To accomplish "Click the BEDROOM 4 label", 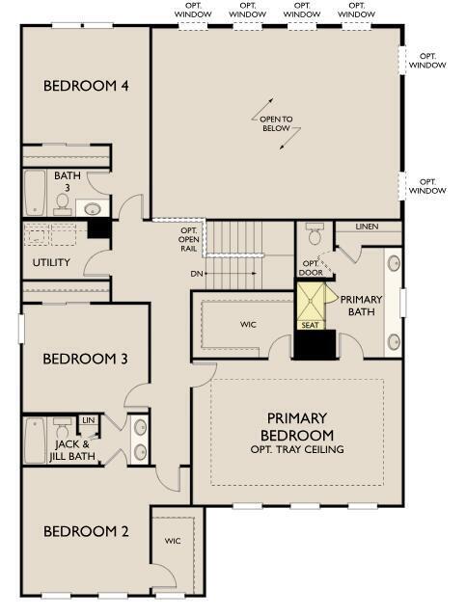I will tap(86, 86).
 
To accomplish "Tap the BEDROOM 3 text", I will tap(86, 359).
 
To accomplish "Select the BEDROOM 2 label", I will tap(86, 531).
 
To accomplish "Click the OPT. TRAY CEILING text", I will tap(296, 450).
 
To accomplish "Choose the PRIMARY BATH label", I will tap(361, 306).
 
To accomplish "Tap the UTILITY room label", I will tap(51, 262).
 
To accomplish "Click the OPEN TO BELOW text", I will tap(275, 122).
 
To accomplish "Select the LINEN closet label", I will tap(367, 227).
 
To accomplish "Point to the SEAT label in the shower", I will tap(311, 325).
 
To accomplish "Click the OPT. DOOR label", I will tap(311, 267).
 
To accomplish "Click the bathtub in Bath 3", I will tap(35, 193).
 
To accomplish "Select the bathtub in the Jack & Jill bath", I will tap(35, 440).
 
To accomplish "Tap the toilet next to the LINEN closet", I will tap(314, 234).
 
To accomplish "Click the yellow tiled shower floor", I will tap(311, 302).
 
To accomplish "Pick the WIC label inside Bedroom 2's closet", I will tap(173, 542).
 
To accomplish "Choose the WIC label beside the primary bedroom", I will tap(248, 325).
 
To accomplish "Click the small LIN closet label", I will tap(88, 420).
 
